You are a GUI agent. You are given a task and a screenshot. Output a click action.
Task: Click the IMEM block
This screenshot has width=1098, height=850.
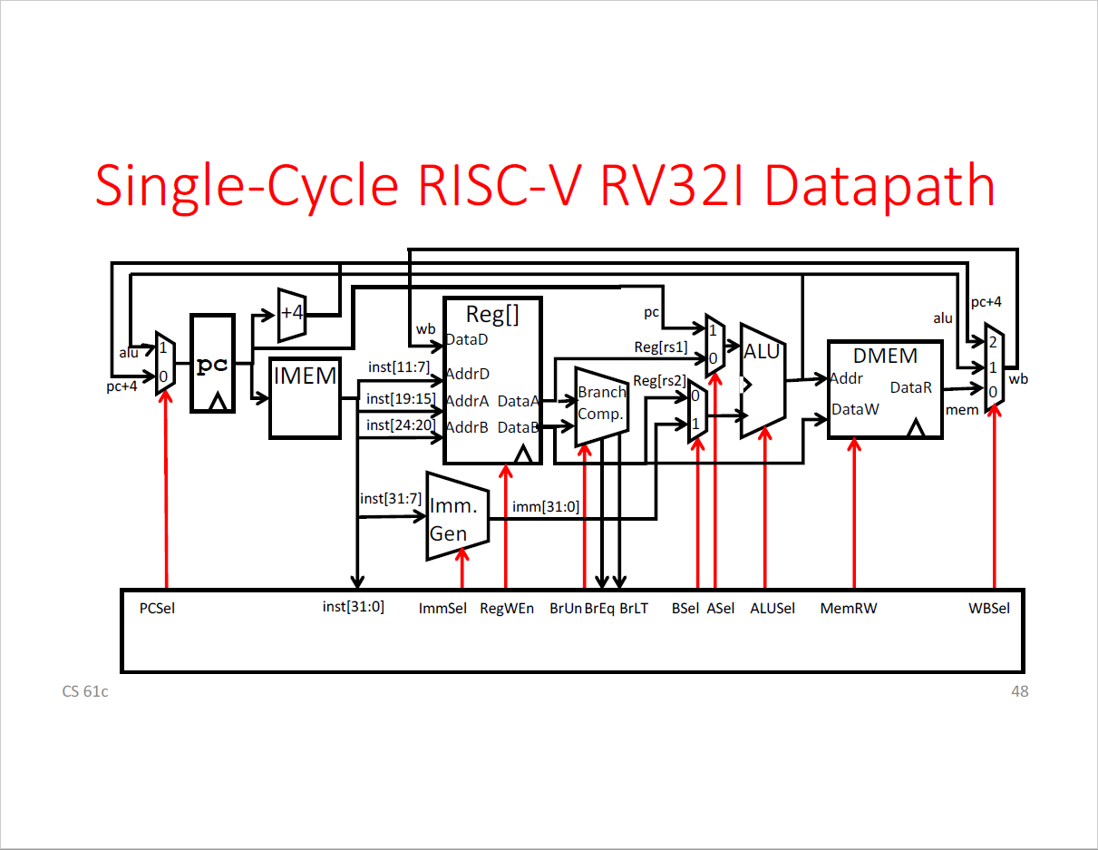point(305,398)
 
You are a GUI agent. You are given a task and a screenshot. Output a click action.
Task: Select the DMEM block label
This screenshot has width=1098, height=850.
point(885,356)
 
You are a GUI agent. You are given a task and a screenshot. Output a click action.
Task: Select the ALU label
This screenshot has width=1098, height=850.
point(762,352)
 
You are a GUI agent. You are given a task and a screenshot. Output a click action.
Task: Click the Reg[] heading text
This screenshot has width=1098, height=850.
point(492,315)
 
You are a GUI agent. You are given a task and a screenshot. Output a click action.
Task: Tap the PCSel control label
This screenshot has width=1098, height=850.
point(157,609)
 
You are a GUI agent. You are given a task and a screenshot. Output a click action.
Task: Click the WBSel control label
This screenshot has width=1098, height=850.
point(988,609)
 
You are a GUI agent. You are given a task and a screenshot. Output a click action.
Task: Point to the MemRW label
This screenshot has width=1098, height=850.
point(849,609)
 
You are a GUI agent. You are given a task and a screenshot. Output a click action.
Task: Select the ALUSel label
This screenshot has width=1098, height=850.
point(772,609)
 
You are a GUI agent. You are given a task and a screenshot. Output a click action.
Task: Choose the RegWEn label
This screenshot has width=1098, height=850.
point(507,609)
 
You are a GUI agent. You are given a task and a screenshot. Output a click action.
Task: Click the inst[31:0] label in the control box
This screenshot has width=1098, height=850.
point(354,607)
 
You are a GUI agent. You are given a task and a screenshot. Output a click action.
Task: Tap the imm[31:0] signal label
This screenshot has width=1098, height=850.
point(545,507)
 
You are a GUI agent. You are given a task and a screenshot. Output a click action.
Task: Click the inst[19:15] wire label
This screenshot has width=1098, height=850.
point(401,399)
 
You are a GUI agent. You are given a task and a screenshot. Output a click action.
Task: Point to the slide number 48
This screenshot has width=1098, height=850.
point(1019,692)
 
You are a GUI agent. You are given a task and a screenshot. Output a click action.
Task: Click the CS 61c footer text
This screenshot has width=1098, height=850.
point(85,692)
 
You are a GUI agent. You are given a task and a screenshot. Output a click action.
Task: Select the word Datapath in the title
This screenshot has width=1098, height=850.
point(879,186)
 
